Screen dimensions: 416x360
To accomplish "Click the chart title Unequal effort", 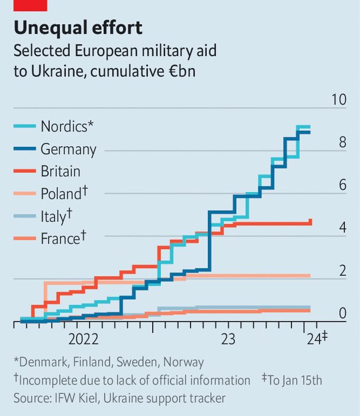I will tap(79, 28).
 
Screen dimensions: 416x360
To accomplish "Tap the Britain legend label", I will tap(60, 172).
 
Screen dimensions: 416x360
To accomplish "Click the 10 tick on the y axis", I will tap(339, 99).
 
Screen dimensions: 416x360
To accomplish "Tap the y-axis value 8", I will tap(342, 142).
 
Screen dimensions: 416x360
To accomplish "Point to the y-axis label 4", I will tap(342, 228).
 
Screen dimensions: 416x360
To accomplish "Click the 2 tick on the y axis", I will tap(342, 270).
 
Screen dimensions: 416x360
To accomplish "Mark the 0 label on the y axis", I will tap(342, 313).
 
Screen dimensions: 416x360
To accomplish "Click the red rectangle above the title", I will tap(30, 5).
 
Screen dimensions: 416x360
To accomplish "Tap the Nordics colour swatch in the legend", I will tap(25, 127).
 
